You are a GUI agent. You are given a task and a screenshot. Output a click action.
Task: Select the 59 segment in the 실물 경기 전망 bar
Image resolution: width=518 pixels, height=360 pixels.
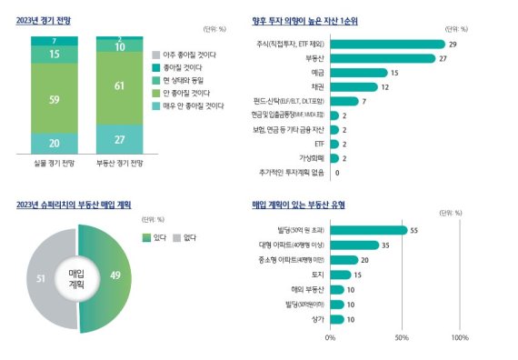coord(54,98)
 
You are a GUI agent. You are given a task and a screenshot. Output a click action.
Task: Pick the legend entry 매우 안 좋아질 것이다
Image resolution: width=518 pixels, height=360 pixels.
coord(191,105)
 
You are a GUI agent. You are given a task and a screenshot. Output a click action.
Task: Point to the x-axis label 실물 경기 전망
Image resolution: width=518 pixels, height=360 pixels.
coord(54,165)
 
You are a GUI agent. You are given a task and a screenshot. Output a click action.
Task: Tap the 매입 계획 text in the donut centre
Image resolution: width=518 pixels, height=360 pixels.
coord(76,278)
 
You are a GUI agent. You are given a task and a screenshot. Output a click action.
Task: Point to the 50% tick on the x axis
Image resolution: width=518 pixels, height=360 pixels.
coord(402,337)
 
